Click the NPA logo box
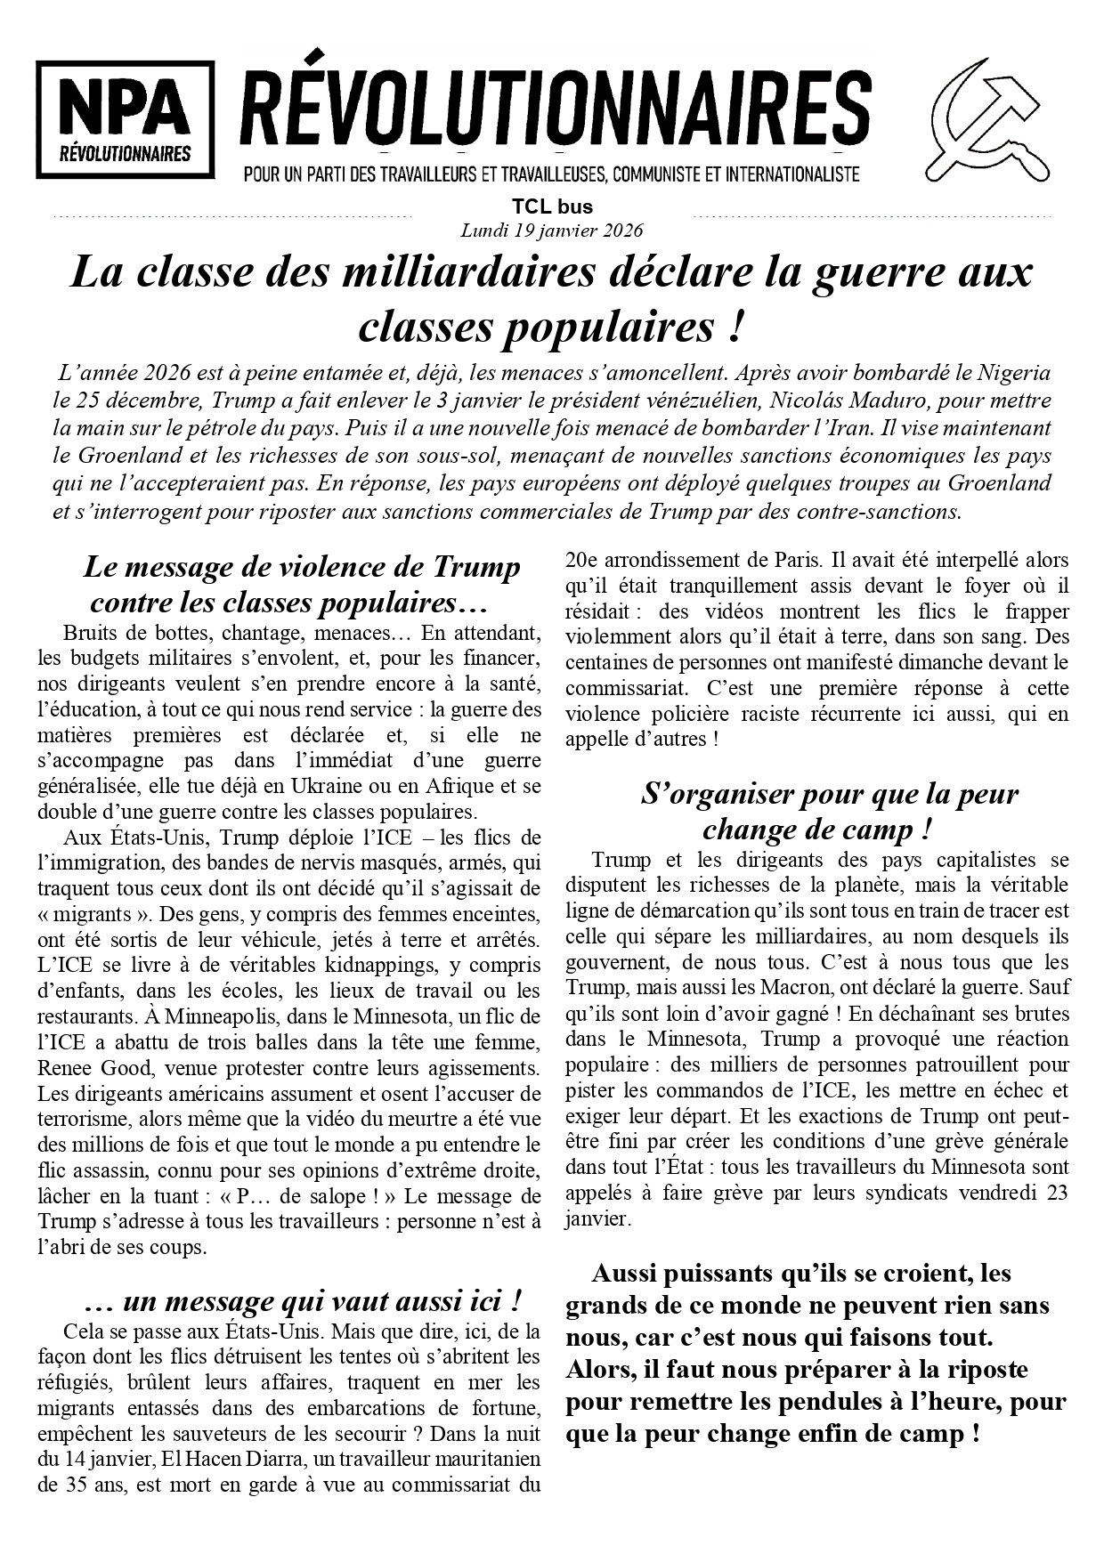(125, 119)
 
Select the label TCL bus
(552, 207)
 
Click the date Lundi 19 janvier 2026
(552, 230)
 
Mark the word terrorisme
(87, 1119)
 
